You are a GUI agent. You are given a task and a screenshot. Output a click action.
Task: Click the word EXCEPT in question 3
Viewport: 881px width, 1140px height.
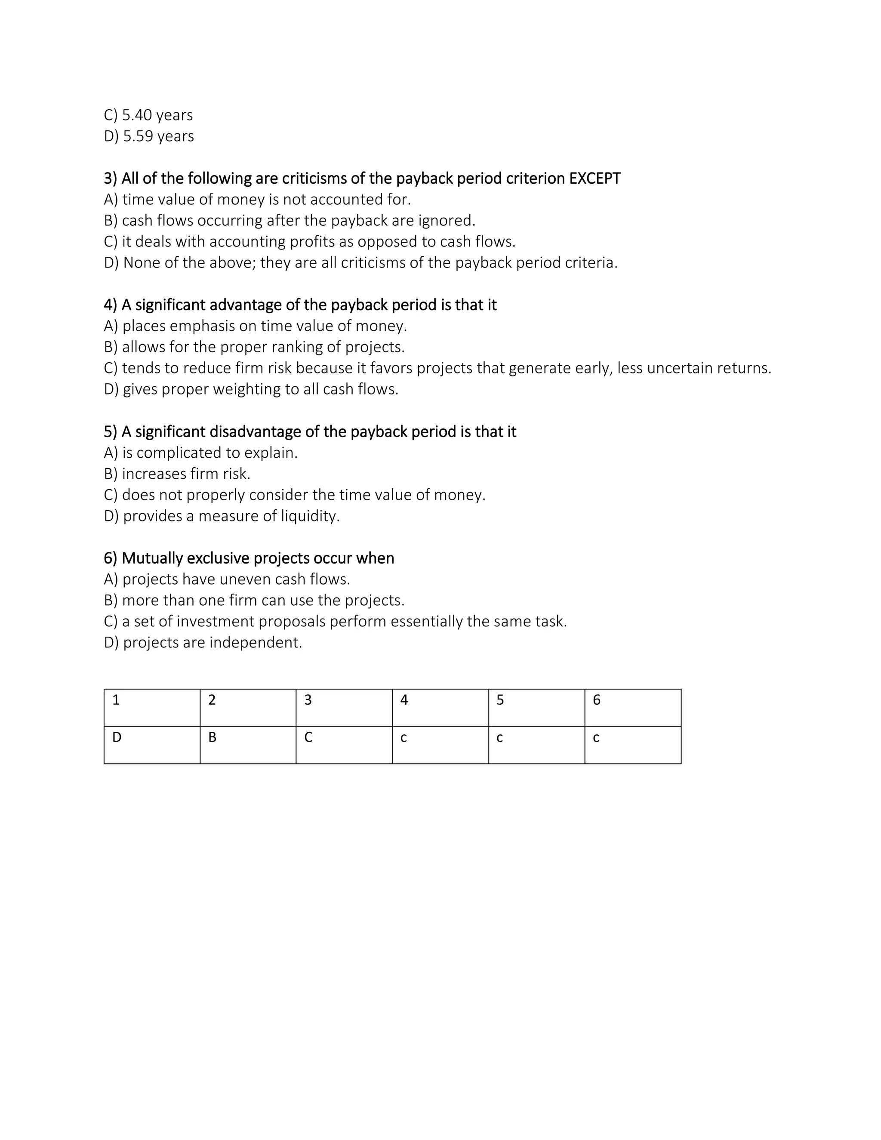[595, 179]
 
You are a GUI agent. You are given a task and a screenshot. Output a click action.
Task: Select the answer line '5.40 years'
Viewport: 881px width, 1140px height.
[148, 115]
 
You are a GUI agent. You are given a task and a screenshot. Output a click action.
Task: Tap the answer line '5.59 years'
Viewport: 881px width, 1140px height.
[149, 136]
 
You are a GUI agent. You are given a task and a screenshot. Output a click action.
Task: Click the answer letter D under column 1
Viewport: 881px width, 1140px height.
[117, 737]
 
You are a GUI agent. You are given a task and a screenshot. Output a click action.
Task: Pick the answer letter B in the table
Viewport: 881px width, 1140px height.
[213, 737]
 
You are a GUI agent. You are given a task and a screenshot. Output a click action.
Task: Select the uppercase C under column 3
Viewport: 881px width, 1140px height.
[308, 737]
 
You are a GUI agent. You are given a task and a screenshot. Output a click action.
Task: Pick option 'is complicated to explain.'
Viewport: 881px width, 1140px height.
[201, 453]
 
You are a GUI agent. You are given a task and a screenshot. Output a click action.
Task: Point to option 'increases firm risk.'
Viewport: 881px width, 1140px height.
[178, 474]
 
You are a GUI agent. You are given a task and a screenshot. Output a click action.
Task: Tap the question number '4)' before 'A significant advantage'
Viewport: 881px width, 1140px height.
[110, 305]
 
